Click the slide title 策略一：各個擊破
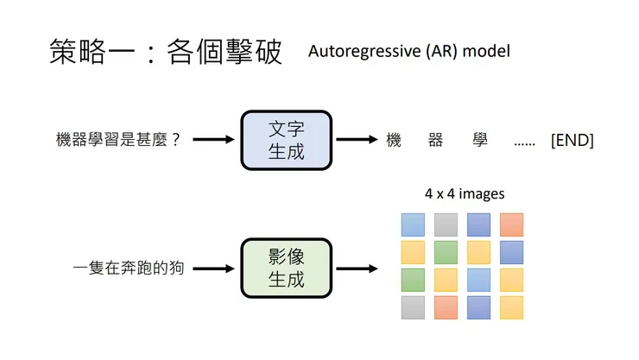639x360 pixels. (166, 53)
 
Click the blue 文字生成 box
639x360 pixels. (286, 139)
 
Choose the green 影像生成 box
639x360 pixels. (286, 268)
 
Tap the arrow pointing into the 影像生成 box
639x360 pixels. (214, 268)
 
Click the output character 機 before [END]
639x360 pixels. (395, 140)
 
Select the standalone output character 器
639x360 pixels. (435, 140)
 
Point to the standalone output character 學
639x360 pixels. (480, 140)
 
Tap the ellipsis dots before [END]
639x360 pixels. (523, 141)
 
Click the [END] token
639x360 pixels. (572, 140)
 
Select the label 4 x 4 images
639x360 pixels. (465, 193)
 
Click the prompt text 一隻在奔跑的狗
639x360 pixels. (129, 268)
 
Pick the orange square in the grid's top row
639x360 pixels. (511, 224)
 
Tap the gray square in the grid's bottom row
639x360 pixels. (413, 307)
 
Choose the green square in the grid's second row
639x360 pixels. (446, 252)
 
